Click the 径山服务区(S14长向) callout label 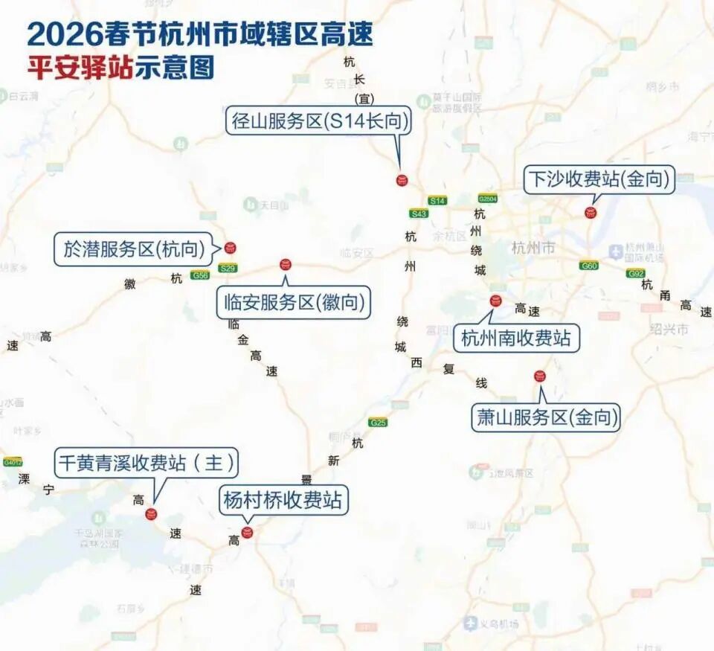pos(319,121)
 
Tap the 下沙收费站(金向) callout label pos(599,180)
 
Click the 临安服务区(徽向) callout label pos(295,303)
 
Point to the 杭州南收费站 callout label pos(516,339)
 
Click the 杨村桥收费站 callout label pos(283,500)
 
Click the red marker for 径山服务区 pos(402,179)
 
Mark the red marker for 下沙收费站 pos(591,213)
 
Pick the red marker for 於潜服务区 pos(230,248)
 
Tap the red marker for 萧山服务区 pos(540,376)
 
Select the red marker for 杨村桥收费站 pos(248,532)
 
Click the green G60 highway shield pos(589,266)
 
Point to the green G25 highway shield pos(378,423)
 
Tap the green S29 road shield pos(228,268)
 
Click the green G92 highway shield pos(634,274)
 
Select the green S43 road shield pos(419,214)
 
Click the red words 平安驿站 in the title pos(80,68)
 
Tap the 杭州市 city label pos(533,248)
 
